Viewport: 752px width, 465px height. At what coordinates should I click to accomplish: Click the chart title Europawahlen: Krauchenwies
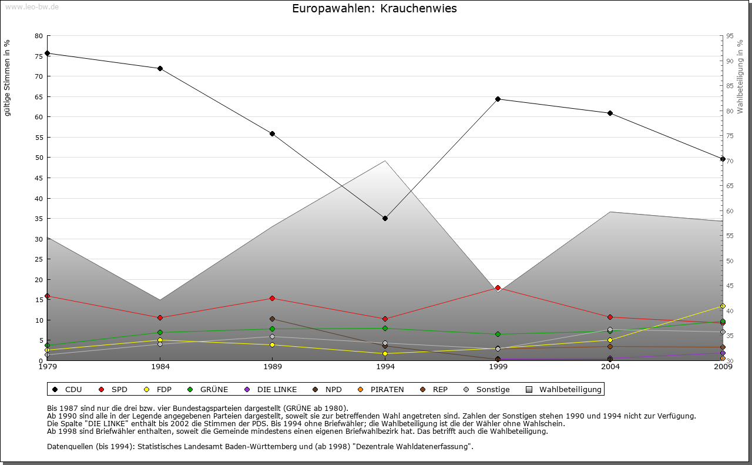point(374,9)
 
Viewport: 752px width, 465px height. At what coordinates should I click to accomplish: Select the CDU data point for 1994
point(385,219)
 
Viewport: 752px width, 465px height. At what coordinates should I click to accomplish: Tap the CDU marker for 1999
point(498,99)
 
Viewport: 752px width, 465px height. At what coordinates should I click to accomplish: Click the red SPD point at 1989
point(272,299)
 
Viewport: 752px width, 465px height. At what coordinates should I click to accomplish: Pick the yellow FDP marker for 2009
point(723,306)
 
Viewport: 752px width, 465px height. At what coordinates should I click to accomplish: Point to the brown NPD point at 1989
point(272,319)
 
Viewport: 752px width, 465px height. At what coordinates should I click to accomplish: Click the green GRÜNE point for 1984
point(160,333)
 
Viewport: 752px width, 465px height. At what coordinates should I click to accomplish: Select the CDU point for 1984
point(160,68)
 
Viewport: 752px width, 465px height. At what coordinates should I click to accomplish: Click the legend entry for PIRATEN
point(387,389)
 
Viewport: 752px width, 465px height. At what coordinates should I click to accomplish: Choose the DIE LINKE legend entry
point(277,389)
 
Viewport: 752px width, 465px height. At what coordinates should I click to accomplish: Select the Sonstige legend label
point(492,389)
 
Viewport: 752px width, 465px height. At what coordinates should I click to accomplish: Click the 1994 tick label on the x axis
point(385,367)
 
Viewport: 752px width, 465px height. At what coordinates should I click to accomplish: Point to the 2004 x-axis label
point(610,367)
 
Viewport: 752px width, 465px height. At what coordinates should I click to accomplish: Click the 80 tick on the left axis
point(39,36)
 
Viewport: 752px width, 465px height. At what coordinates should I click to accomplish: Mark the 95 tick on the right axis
point(730,36)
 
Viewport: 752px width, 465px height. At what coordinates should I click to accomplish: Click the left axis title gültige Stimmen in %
point(8,78)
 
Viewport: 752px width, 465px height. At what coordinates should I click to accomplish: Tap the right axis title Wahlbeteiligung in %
point(740,77)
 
